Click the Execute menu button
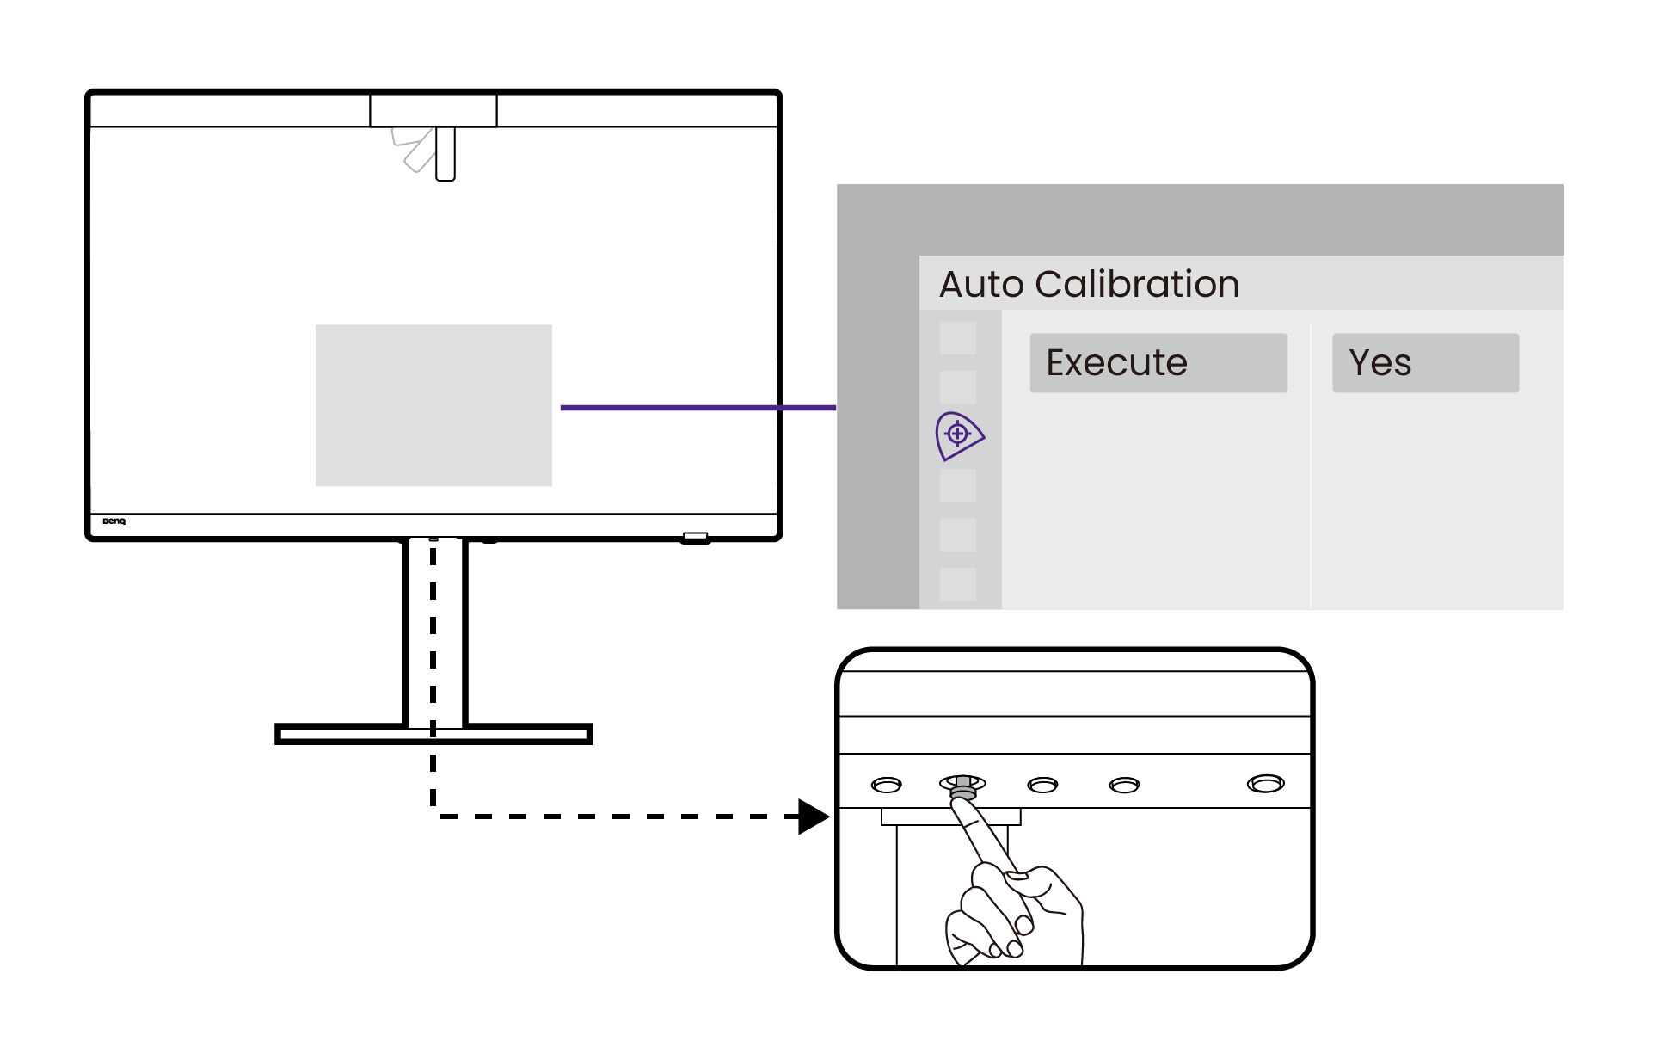[x=1158, y=363]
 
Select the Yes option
[x=1424, y=363]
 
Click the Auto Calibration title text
[x=1088, y=284]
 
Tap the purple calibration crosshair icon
[x=958, y=435]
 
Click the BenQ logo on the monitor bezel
[x=114, y=521]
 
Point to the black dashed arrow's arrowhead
[x=812, y=817]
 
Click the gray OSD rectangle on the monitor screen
[x=433, y=405]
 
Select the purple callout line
[x=697, y=407]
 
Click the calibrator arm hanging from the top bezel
[x=445, y=153]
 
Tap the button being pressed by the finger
[x=962, y=785]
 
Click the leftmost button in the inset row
[x=886, y=785]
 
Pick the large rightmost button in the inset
[x=1265, y=784]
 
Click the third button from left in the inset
[x=1042, y=785]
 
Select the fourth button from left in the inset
[x=1124, y=785]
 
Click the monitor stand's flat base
[x=433, y=734]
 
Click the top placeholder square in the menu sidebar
[x=957, y=338]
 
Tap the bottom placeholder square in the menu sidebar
[x=957, y=584]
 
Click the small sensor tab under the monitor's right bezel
[x=695, y=538]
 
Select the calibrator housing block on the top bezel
[x=433, y=110]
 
